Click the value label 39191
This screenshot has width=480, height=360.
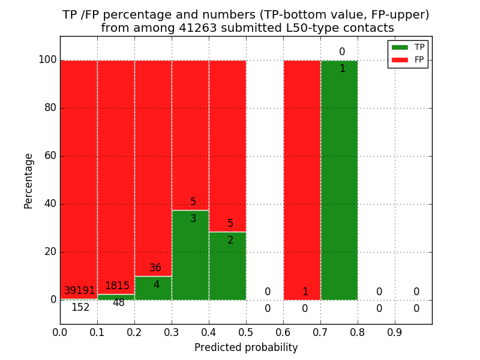click(x=80, y=291)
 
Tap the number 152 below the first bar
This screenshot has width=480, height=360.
click(x=80, y=308)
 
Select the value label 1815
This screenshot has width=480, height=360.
click(x=117, y=286)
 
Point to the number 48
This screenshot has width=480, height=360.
click(x=119, y=303)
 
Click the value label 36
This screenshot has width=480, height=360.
click(x=155, y=268)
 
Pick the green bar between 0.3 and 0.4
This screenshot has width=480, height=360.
click(x=190, y=255)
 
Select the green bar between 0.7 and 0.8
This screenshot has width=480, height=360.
click(x=339, y=180)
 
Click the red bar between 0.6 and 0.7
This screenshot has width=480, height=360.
click(x=302, y=180)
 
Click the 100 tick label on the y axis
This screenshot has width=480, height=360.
click(x=47, y=60)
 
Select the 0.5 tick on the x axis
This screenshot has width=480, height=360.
click(x=246, y=331)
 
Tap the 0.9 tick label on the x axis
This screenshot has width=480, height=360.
click(x=395, y=331)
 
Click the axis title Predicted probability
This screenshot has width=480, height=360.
click(x=246, y=347)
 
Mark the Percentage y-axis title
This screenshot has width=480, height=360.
click(x=29, y=180)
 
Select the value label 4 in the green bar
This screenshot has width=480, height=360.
click(x=157, y=285)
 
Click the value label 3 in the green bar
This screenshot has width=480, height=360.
click(x=193, y=219)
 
